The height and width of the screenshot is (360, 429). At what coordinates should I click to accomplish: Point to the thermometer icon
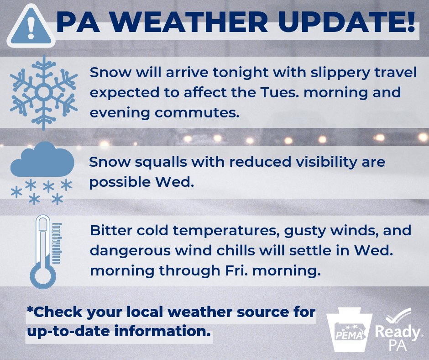pyautogui.click(x=45, y=251)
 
